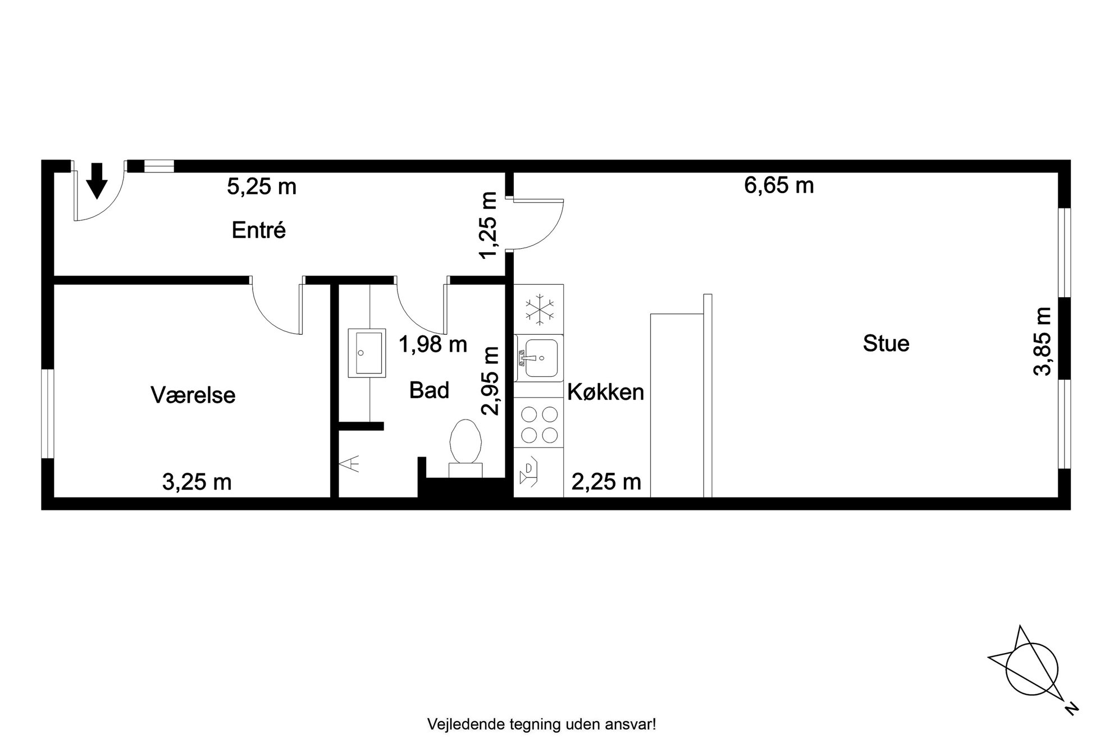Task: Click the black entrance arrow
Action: click(x=97, y=181)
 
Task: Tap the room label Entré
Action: click(x=259, y=230)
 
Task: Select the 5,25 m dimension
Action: click(x=262, y=186)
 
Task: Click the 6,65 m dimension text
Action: click(x=779, y=185)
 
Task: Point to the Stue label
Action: click(x=886, y=343)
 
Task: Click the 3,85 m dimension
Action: click(x=1042, y=341)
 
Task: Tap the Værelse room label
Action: click(x=193, y=395)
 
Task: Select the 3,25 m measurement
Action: click(x=197, y=482)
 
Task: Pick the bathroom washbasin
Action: click(x=367, y=353)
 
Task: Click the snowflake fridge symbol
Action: click(x=539, y=309)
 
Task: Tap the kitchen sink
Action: click(x=539, y=358)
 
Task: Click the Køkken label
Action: click(x=606, y=392)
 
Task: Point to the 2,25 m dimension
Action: click(x=606, y=482)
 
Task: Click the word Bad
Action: click(x=430, y=390)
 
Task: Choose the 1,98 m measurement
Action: click(x=433, y=344)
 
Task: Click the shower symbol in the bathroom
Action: click(x=350, y=464)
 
